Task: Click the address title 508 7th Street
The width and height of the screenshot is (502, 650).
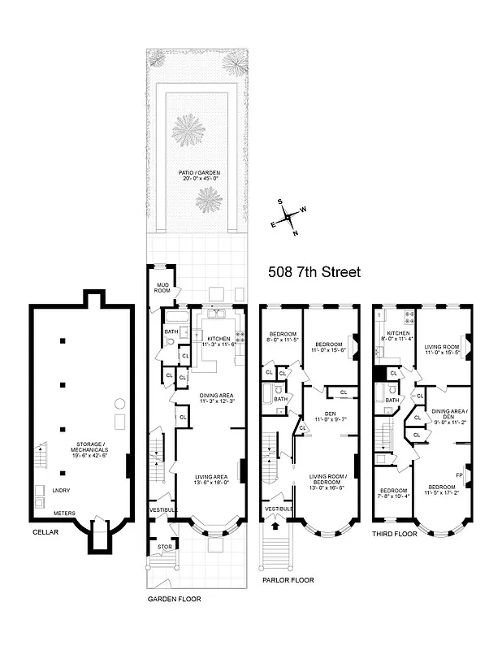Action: pos(314,272)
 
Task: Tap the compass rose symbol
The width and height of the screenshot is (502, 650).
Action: pos(288,217)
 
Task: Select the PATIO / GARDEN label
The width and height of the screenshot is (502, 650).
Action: pos(199,173)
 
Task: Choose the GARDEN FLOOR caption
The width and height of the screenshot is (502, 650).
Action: pos(174,599)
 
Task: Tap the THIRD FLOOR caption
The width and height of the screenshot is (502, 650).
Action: pos(395,534)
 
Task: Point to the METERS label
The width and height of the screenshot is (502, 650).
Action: pos(65,513)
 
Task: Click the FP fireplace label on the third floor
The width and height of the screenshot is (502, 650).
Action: pos(460,474)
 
